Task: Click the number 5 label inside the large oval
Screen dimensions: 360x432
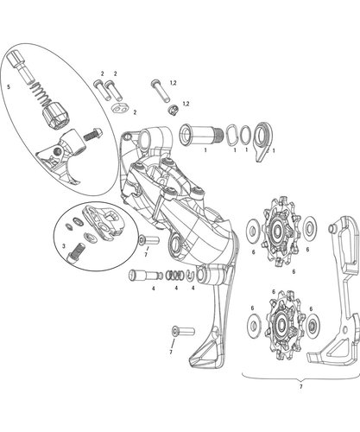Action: tap(9, 86)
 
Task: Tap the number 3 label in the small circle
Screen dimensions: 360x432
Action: tap(64, 246)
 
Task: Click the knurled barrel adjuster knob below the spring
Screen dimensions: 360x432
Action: tap(54, 118)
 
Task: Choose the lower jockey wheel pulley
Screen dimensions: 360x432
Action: tap(282, 325)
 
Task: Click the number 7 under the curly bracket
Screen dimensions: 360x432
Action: tap(301, 386)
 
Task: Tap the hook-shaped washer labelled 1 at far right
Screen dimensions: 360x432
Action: tap(262, 141)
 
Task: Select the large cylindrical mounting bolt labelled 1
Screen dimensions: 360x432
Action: tap(201, 135)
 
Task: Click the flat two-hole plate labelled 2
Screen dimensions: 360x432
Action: tap(120, 108)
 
